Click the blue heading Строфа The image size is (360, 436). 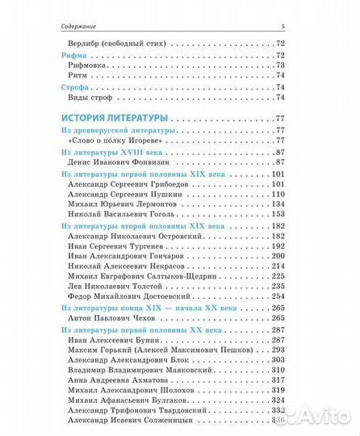point(77,86)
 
